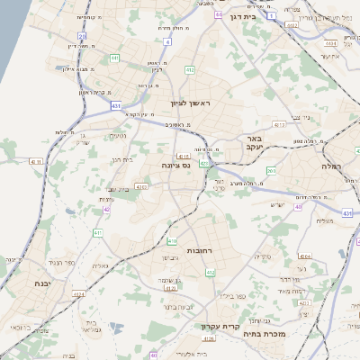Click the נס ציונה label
tap(174, 166)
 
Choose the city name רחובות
tap(199, 249)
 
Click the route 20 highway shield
tap(82, 37)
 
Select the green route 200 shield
tap(271, 170)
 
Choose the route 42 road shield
tap(107, 209)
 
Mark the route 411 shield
tap(97, 233)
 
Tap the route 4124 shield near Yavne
tap(79, 293)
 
